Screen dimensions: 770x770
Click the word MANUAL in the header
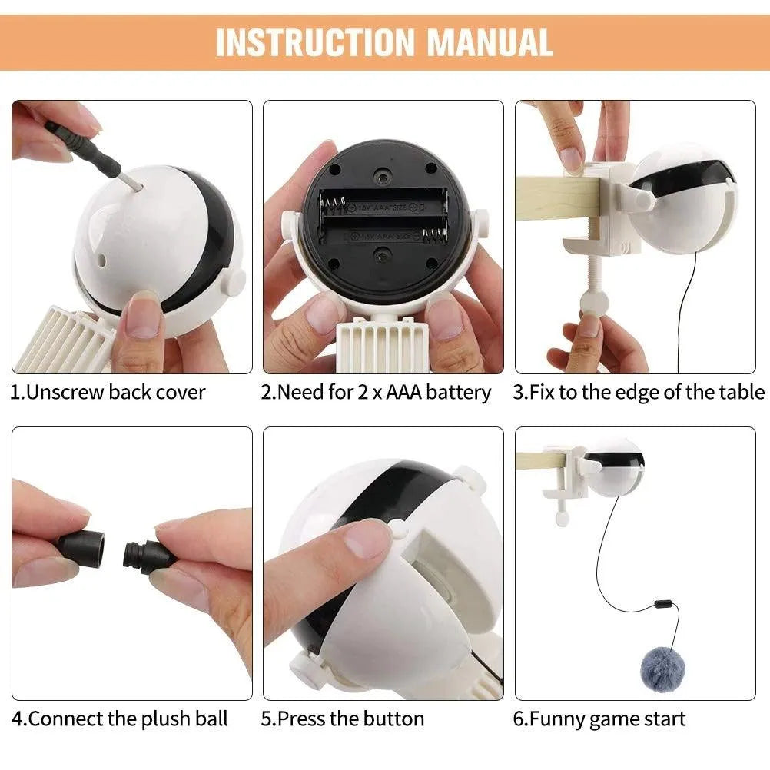point(490,42)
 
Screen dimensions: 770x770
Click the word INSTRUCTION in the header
point(315,42)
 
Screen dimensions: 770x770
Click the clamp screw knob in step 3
point(589,300)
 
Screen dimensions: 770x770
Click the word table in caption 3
point(742,393)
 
